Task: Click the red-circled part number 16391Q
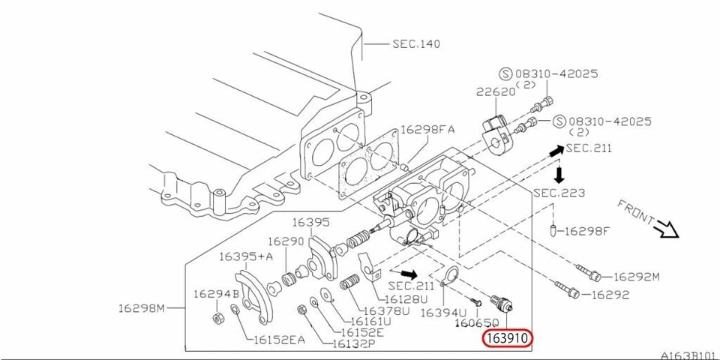[x=507, y=338]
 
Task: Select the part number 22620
[x=495, y=92]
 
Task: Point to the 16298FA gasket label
[x=427, y=130]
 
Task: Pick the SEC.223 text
[x=559, y=193]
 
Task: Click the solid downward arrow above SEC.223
[x=558, y=175]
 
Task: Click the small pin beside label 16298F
[x=553, y=229]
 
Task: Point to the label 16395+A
[x=244, y=256]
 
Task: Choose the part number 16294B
[x=216, y=293]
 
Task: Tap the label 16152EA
[x=277, y=340]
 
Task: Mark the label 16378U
[x=385, y=311]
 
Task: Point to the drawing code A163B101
[x=686, y=354]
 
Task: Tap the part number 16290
[x=286, y=241]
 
